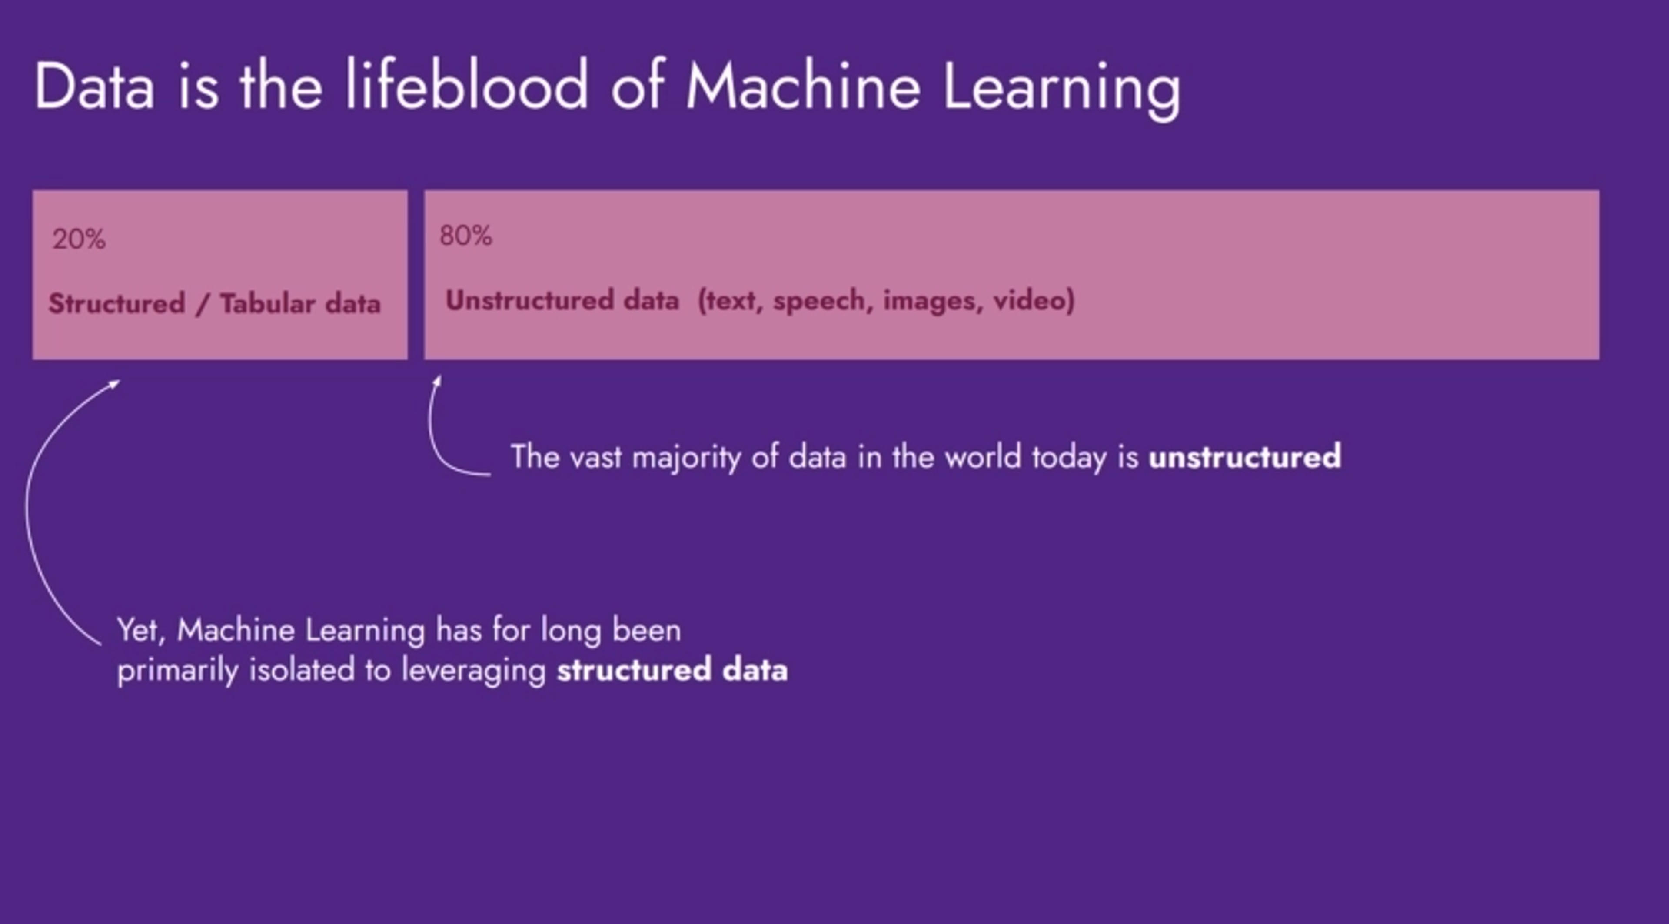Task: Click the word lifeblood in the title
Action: [x=465, y=85]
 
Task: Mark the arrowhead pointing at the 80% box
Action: [x=438, y=380]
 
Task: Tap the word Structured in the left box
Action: [x=116, y=303]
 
